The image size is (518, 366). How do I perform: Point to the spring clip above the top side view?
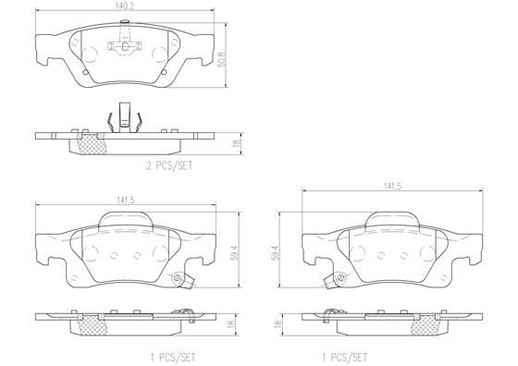[122, 116]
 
